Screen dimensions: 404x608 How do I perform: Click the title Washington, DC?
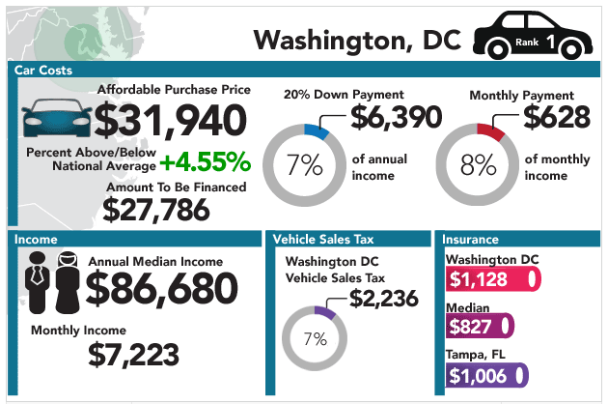click(356, 40)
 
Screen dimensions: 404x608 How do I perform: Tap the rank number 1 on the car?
click(549, 42)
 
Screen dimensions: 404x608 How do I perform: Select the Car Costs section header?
click(43, 71)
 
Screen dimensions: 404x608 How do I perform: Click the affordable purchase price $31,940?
click(171, 120)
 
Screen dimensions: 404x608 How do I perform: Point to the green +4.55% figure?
click(205, 159)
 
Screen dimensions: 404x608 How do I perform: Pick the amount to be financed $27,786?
click(175, 209)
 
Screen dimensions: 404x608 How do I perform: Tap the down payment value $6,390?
click(396, 117)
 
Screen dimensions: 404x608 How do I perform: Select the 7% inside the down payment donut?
click(304, 165)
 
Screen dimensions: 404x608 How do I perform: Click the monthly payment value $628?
click(557, 117)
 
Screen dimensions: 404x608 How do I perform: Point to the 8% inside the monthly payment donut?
click(478, 165)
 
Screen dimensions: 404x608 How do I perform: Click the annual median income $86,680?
click(161, 287)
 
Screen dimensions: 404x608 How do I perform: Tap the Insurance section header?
click(472, 239)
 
